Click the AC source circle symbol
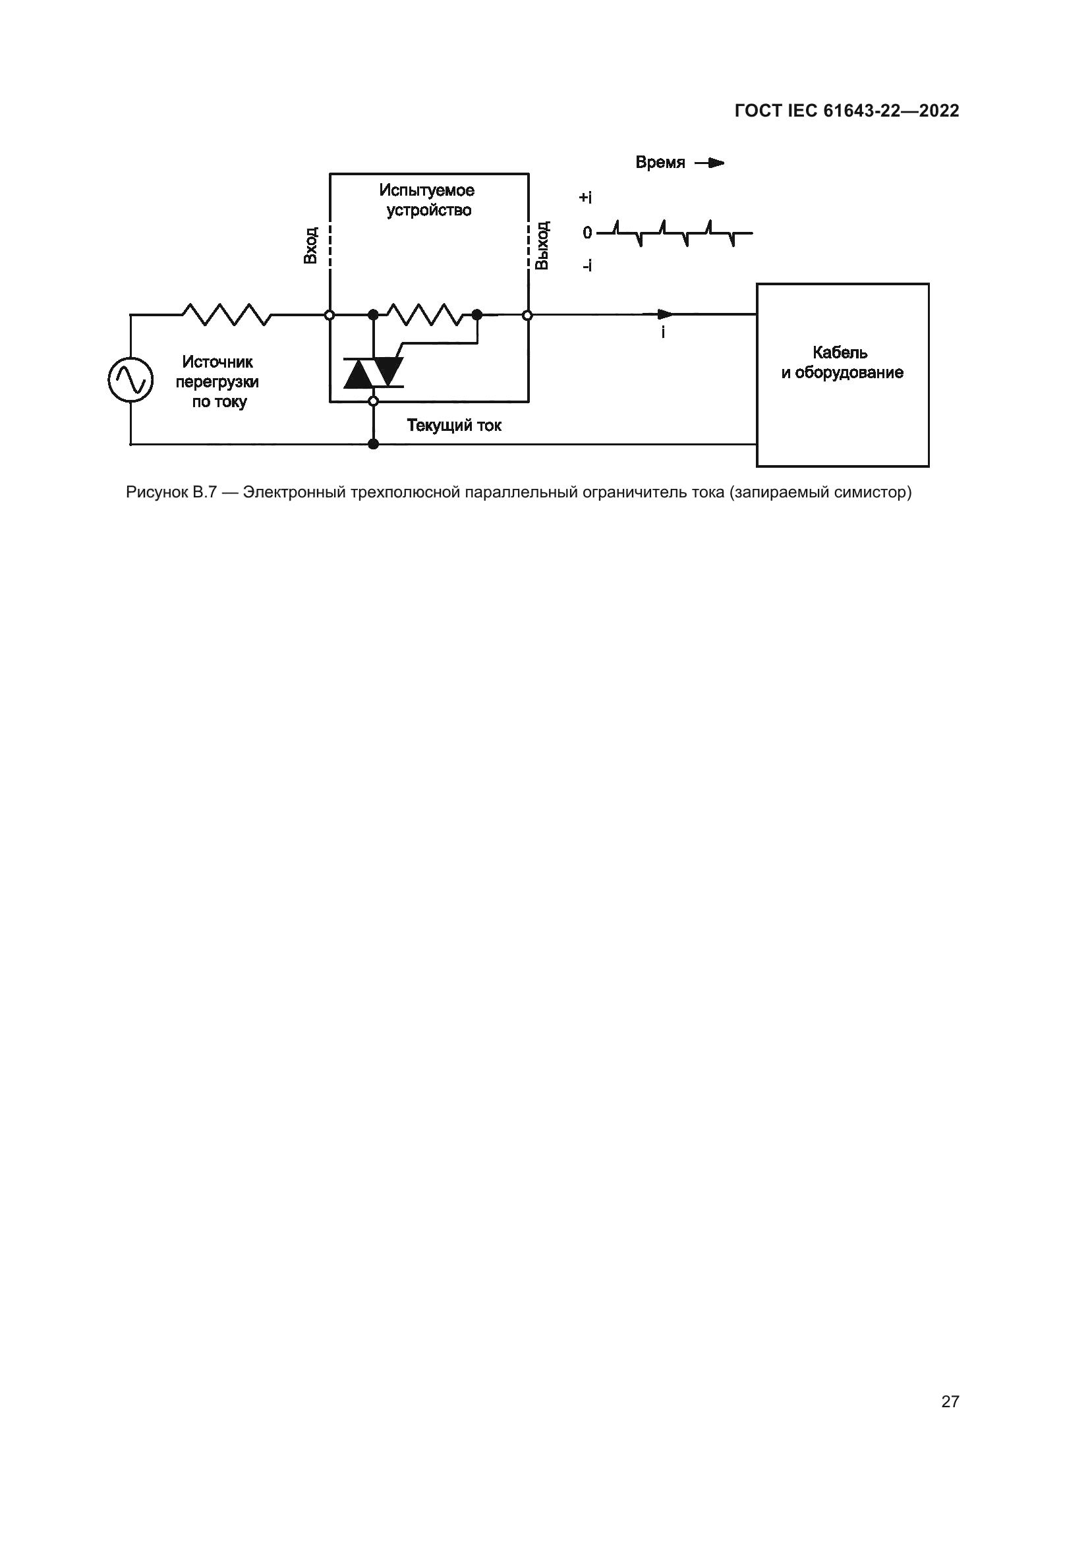pyautogui.click(x=131, y=379)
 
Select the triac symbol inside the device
pyautogui.click(x=373, y=372)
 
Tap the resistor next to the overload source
pyautogui.click(x=226, y=314)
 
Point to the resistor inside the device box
pyautogui.click(x=424, y=314)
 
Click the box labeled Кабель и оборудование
pyautogui.click(x=842, y=374)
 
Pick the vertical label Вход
pyautogui.click(x=310, y=245)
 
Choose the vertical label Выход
pyautogui.click(x=542, y=245)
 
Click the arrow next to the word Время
pyautogui.click(x=710, y=163)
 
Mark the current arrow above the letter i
pyautogui.click(x=665, y=314)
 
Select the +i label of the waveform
pyautogui.click(x=585, y=198)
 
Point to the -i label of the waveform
pyautogui.click(x=587, y=266)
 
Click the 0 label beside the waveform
pyautogui.click(x=587, y=233)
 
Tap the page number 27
pyautogui.click(x=950, y=1401)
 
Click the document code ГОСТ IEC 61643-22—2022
pyautogui.click(x=847, y=111)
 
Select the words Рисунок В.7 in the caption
pyautogui.click(x=171, y=493)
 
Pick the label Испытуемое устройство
pyautogui.click(x=428, y=200)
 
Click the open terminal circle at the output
pyautogui.click(x=528, y=315)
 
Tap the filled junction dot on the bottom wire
pyautogui.click(x=374, y=443)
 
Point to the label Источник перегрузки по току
pyautogui.click(x=217, y=382)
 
